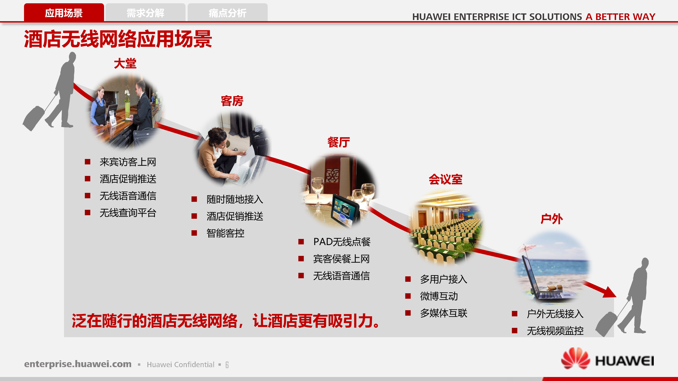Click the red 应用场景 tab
(x=64, y=13)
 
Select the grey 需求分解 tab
(x=145, y=13)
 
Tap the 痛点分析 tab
(x=227, y=13)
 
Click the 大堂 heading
(x=125, y=64)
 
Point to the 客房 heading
(x=232, y=101)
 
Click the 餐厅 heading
(x=339, y=142)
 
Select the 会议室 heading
(x=445, y=179)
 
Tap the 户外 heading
(x=552, y=219)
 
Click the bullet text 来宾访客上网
(x=128, y=162)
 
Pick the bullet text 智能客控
(x=225, y=233)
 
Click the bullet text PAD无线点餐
(x=342, y=242)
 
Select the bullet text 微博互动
(x=439, y=296)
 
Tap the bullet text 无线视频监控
(x=555, y=331)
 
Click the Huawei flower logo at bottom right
(x=575, y=358)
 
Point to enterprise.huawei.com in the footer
(x=78, y=364)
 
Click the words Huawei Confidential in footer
(x=181, y=365)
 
